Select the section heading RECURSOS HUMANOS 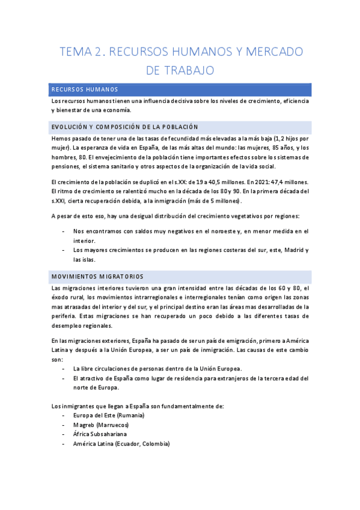tap(84, 90)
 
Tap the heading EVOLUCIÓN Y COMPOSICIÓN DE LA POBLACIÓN tap(124, 127)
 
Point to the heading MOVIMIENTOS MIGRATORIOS tap(97, 277)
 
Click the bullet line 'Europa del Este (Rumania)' tap(109, 416)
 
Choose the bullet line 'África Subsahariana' tap(102, 434)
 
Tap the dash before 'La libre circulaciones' tap(64, 369)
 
